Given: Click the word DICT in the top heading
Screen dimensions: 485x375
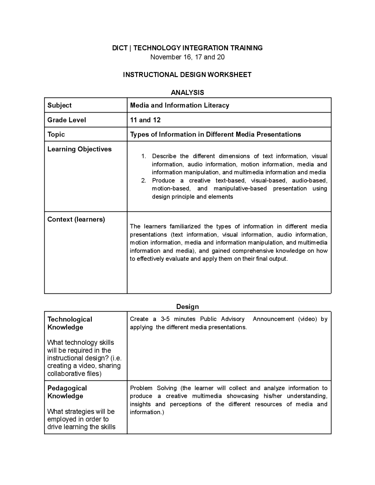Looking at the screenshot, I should pos(120,48).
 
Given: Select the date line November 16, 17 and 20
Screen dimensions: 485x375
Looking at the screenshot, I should pos(187,57).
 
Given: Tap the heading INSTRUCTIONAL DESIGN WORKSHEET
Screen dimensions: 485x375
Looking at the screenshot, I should pos(187,75).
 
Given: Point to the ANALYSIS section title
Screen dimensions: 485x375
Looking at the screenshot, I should pos(187,93).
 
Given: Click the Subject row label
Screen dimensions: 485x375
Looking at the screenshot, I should pos(59,105).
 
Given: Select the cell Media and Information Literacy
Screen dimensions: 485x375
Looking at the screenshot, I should pos(179,105).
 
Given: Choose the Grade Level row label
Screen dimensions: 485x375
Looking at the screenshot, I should pos(67,120).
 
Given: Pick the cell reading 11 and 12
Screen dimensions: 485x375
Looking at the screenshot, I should pos(145,120).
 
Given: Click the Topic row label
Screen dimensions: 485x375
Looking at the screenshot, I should pos(56,134).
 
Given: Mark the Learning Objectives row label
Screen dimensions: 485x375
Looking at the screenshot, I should pos(79,149).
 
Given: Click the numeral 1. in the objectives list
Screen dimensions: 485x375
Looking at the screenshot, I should pos(144,156).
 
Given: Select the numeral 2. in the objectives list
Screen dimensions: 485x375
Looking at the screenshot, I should pos(144,181).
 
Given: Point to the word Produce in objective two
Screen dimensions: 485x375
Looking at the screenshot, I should pos(163,181).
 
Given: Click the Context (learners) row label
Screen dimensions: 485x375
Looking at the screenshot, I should pos(76,219).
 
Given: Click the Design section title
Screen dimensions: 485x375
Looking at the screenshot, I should pos(187,307).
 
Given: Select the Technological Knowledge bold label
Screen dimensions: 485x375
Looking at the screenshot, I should pos(70,323).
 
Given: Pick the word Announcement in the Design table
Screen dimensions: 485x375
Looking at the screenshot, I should pos(273,319).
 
